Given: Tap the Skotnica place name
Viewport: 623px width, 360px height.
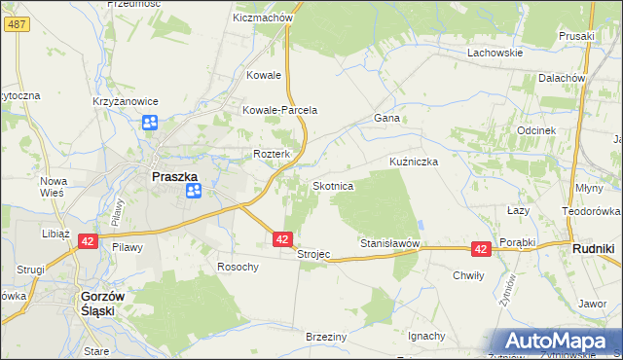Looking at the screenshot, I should point(339,185).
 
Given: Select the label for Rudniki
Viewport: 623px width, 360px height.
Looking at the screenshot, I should point(592,248).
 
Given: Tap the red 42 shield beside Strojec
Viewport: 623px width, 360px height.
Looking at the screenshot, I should point(282,238).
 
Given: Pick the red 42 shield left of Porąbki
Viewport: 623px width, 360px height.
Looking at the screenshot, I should point(480,249).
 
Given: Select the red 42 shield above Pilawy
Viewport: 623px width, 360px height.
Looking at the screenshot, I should point(87,241).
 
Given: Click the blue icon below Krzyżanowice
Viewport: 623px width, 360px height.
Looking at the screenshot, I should point(150,123).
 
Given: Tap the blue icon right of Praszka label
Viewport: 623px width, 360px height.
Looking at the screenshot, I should point(193,191).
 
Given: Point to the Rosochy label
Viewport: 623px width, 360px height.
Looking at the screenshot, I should point(238,267).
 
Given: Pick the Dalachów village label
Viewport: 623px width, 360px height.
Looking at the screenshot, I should point(561,78).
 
